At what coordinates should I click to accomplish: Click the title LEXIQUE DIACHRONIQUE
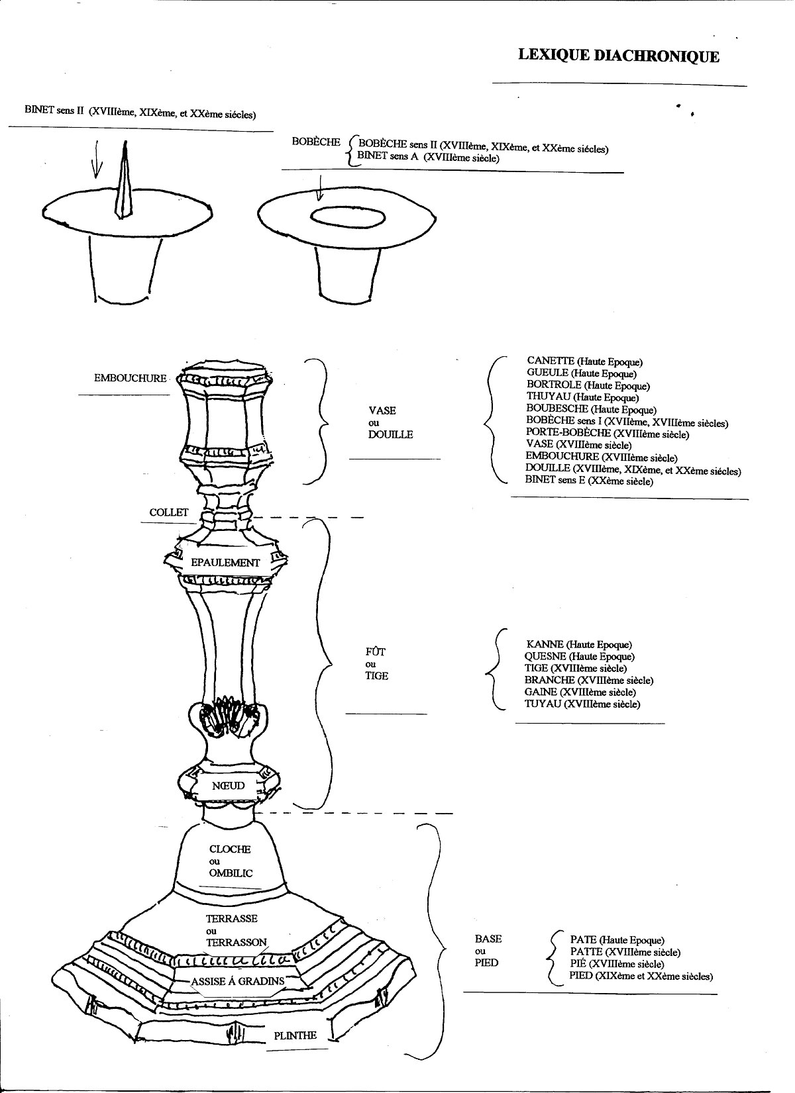pyautogui.click(x=618, y=56)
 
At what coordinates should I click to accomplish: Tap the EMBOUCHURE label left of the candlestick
pyautogui.click(x=131, y=378)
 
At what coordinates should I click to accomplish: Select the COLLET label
pyautogui.click(x=169, y=512)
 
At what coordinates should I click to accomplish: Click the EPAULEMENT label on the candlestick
pyautogui.click(x=225, y=562)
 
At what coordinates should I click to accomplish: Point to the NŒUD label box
pyautogui.click(x=228, y=785)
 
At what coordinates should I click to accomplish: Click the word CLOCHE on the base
pyautogui.click(x=230, y=849)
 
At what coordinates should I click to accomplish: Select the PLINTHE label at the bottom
pyautogui.click(x=295, y=1035)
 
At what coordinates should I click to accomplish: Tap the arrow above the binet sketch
pyautogui.click(x=97, y=160)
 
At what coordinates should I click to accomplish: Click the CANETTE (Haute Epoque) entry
pyautogui.click(x=584, y=361)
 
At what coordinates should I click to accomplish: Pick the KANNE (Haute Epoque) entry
pyautogui.click(x=578, y=644)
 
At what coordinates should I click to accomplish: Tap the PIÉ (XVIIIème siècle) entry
pyautogui.click(x=616, y=964)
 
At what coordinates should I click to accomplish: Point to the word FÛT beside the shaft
pyautogui.click(x=375, y=651)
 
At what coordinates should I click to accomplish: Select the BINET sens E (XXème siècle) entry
pyautogui.click(x=588, y=481)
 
